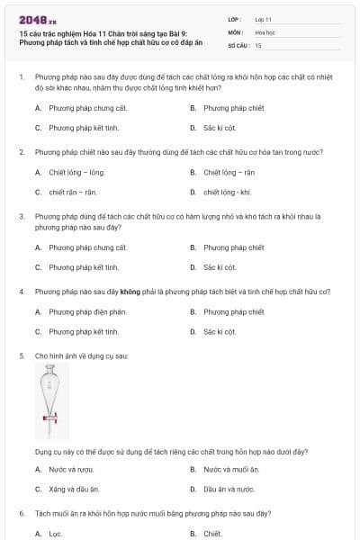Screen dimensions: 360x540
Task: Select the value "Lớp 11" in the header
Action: [263, 19]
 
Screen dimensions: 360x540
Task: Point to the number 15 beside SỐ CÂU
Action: [258, 44]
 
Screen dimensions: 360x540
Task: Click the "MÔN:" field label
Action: [235, 31]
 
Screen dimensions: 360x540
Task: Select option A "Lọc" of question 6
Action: [55, 533]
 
